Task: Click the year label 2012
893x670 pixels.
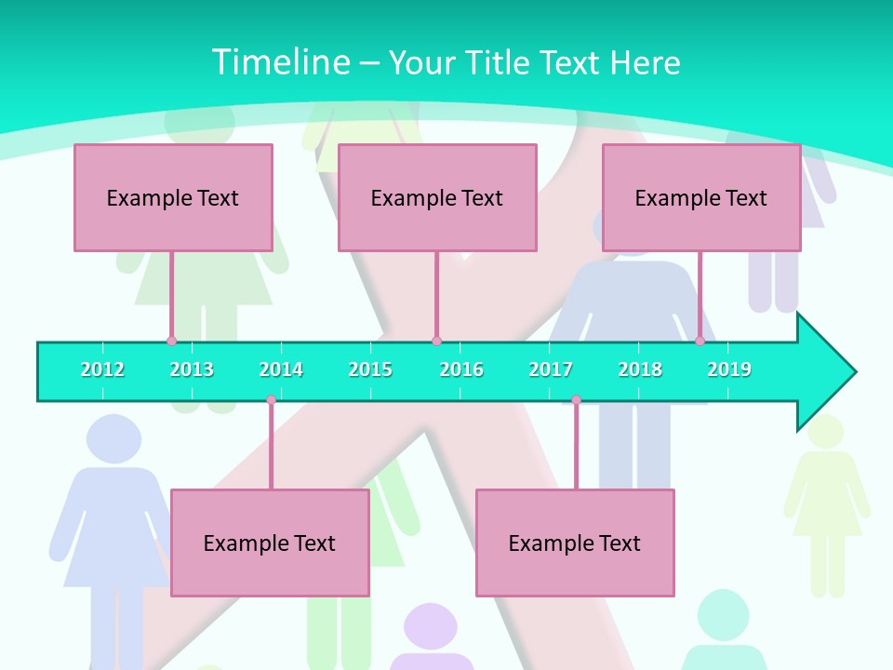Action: click(x=102, y=369)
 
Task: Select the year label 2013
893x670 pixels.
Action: click(x=192, y=369)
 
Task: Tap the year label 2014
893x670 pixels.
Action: click(x=281, y=369)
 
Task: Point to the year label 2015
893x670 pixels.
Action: click(x=370, y=369)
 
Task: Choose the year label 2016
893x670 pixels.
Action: click(x=461, y=369)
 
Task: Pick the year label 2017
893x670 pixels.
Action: click(x=551, y=369)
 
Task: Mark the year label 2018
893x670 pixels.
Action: click(x=640, y=369)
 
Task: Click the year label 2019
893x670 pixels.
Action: click(x=729, y=369)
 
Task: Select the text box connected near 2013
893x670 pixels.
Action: click(x=173, y=197)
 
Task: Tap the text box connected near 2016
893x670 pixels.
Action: click(x=437, y=197)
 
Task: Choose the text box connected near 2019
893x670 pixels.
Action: click(x=701, y=197)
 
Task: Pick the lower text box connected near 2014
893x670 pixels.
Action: click(x=270, y=543)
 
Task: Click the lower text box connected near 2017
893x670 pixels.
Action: click(x=575, y=543)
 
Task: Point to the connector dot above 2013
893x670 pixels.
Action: click(x=172, y=342)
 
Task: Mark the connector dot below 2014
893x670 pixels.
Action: click(x=271, y=400)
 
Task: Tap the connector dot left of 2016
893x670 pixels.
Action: click(x=436, y=342)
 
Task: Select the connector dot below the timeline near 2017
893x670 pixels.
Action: click(x=576, y=400)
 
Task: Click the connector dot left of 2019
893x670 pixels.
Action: click(x=700, y=342)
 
